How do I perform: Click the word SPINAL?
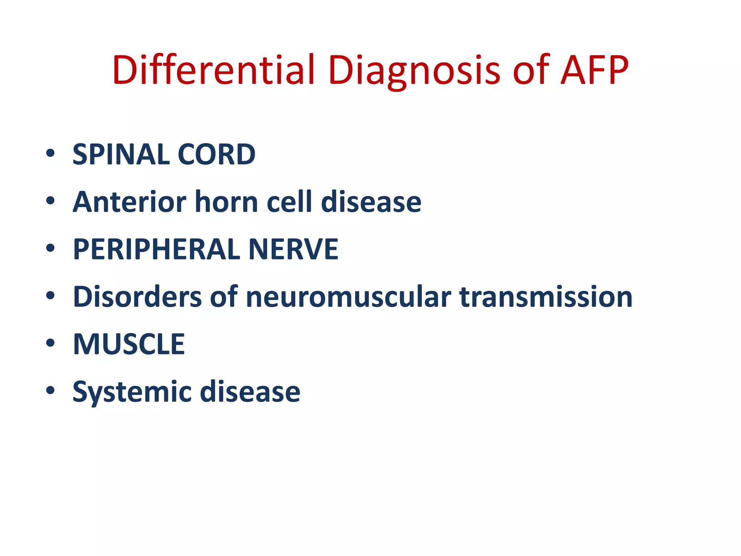pos(121,155)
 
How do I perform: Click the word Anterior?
pos(130,202)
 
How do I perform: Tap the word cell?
pos(289,202)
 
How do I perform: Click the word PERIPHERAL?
pos(157,249)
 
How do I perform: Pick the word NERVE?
pos(293,249)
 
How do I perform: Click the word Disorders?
pos(137,297)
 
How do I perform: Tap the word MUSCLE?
pos(129,344)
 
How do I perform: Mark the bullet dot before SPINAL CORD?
pos(50,153)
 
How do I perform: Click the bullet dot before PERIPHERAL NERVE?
pos(50,248)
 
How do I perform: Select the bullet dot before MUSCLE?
pos(50,343)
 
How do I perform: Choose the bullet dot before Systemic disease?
pos(50,390)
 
